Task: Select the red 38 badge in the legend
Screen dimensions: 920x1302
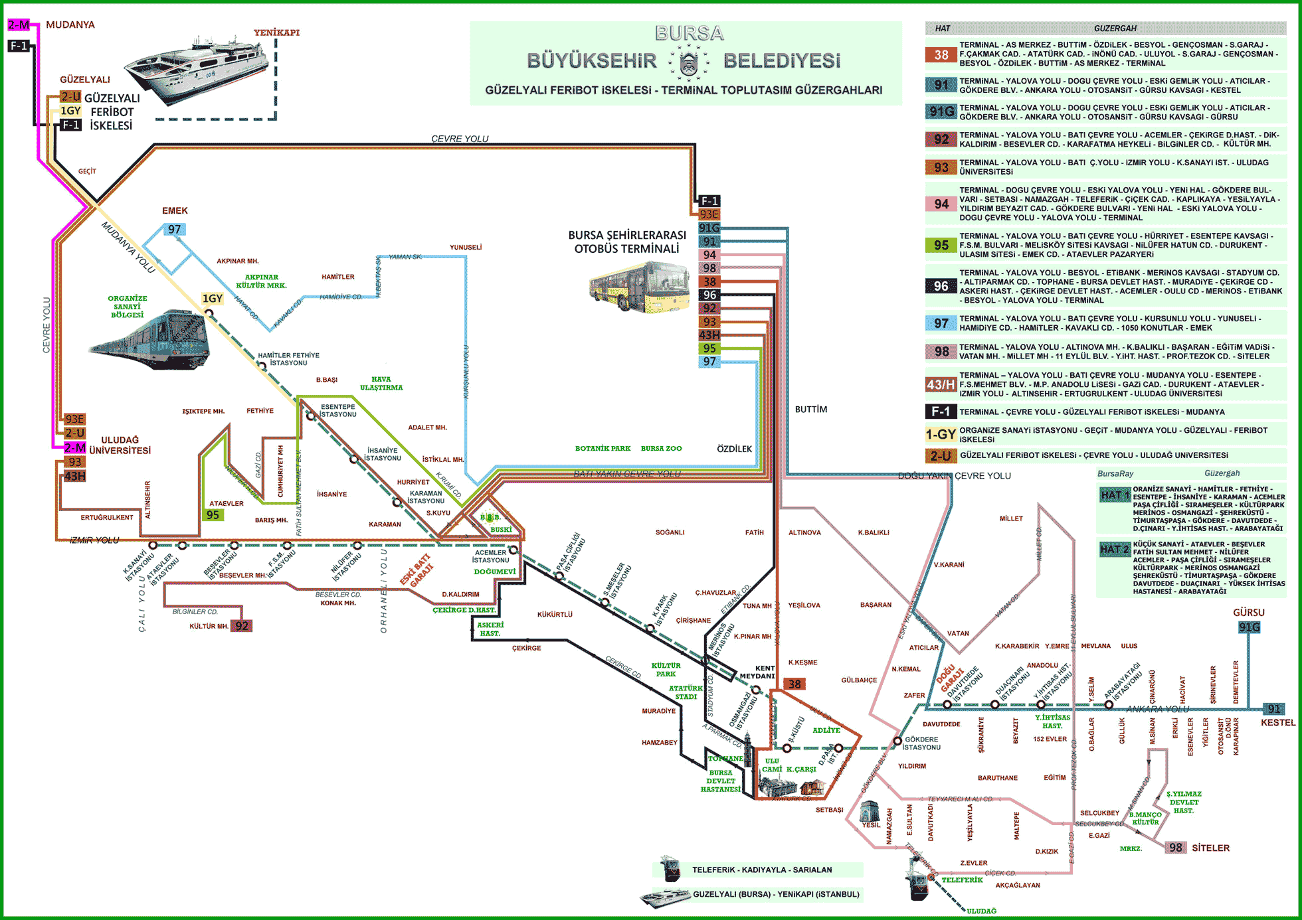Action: coord(941,55)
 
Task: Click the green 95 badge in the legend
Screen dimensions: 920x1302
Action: coord(941,245)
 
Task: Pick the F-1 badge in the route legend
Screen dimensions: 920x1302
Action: coord(941,412)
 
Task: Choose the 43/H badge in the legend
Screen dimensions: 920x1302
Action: coord(941,384)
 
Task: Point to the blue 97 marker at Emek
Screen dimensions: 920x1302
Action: coord(174,230)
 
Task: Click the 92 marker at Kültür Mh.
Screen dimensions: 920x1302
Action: coord(242,626)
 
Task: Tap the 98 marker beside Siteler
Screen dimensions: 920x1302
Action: coord(1176,848)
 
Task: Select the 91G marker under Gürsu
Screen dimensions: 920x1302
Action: coord(1249,627)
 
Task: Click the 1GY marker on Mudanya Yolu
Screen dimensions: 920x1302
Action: coord(213,299)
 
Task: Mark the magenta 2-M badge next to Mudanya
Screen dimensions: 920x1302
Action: coord(19,25)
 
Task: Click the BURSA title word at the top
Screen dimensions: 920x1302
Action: coord(689,33)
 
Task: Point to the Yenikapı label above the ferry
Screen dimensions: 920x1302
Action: coord(276,33)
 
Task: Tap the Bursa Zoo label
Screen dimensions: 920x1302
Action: coord(661,449)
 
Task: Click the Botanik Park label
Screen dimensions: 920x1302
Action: coord(603,449)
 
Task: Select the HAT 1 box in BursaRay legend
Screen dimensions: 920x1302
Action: coord(1115,495)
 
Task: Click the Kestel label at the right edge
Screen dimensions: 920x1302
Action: coord(1278,723)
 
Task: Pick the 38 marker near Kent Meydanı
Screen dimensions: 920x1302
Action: coord(794,684)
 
